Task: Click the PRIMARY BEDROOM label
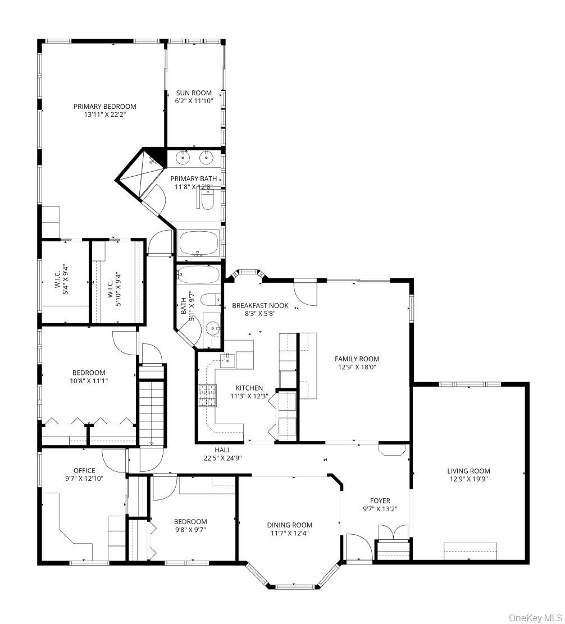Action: tap(104, 106)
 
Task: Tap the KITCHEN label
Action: tap(249, 388)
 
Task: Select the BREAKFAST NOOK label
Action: tap(260, 306)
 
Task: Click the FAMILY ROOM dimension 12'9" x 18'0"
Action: tap(357, 368)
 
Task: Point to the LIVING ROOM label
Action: tap(468, 471)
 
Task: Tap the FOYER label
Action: tap(380, 501)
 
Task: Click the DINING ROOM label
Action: tap(289, 525)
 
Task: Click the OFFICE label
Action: tap(84, 470)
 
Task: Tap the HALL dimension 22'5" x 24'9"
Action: tap(222, 457)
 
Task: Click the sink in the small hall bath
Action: tap(212, 328)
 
